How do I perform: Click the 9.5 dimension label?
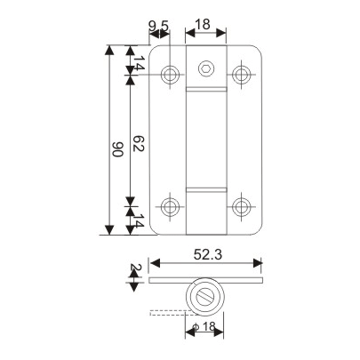coord(158,27)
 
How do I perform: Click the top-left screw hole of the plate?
coord(171,74)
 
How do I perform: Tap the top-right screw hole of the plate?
coord(240,74)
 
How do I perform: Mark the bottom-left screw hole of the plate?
coord(171,208)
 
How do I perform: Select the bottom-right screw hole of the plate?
coord(240,208)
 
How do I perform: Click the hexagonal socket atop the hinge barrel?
coord(205,68)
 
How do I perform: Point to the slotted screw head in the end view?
coord(205,298)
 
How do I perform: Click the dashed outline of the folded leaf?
coord(169,311)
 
